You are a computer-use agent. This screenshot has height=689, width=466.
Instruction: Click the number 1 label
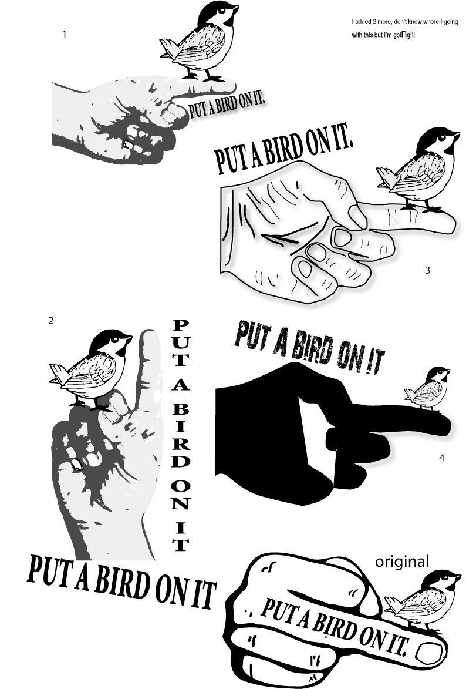click(x=65, y=35)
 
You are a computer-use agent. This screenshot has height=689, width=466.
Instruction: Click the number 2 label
click(x=51, y=321)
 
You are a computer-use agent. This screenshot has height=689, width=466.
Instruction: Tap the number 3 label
click(x=427, y=271)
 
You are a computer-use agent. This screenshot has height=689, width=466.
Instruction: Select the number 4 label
click(x=441, y=458)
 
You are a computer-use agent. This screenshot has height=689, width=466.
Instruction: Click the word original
click(x=402, y=562)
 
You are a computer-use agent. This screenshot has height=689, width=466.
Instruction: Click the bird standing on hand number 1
click(x=200, y=41)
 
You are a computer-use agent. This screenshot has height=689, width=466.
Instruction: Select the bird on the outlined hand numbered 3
click(x=418, y=170)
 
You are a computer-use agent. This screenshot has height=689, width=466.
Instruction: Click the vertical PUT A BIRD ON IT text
click(x=181, y=435)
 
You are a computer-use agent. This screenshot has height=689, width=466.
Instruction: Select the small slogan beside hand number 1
click(x=227, y=106)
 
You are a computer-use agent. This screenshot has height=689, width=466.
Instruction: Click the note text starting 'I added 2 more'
click(x=404, y=28)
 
